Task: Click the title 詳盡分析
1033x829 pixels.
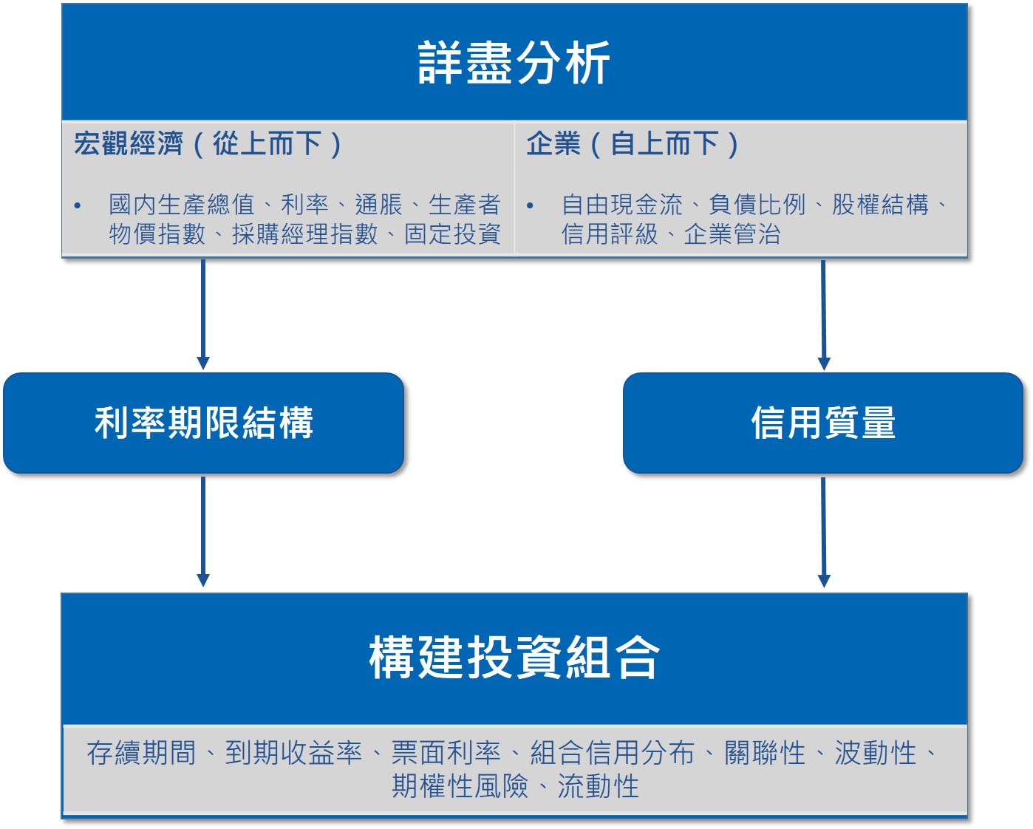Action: point(514,62)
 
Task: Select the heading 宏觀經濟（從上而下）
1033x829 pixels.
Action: point(208,143)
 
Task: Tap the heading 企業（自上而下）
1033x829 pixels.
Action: point(633,143)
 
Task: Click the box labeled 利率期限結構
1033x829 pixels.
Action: point(203,423)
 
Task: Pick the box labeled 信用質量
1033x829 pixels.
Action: point(822,423)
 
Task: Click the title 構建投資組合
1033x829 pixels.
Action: point(514,657)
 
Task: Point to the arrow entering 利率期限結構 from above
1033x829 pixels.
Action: point(203,315)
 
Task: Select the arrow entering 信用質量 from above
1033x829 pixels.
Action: point(824,315)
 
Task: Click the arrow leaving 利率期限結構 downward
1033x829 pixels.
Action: point(203,532)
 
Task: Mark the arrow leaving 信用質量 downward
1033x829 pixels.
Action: point(824,533)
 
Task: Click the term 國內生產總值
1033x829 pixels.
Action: point(182,205)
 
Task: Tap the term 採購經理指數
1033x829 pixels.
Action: point(305,234)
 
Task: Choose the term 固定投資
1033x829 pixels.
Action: point(452,234)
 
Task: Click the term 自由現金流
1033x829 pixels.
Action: point(621,205)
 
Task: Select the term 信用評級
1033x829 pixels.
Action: point(609,234)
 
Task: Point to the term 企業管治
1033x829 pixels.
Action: point(732,234)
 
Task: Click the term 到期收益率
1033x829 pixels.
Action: point(293,753)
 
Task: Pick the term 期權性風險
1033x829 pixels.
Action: point(460,786)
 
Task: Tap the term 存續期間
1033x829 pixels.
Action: point(141,753)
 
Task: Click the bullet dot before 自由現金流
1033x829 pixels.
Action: point(530,206)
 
